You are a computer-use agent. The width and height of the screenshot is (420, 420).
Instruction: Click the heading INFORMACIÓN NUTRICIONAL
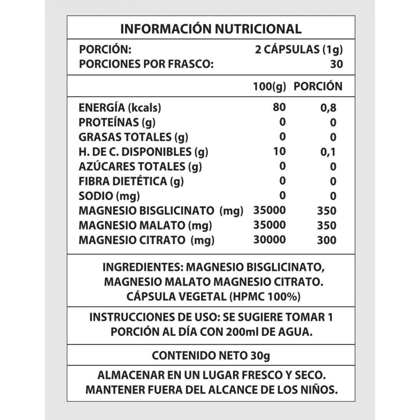[x=211, y=29]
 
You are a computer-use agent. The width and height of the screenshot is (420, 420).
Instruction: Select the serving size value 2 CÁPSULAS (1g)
[x=297, y=50]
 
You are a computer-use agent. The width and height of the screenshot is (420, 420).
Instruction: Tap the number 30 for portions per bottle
[x=336, y=64]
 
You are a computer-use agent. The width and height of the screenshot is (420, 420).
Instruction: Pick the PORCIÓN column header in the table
[x=318, y=86]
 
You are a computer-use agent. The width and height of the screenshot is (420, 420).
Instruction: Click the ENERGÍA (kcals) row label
[x=120, y=108]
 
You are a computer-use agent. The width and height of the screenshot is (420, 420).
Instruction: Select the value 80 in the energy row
[x=279, y=107]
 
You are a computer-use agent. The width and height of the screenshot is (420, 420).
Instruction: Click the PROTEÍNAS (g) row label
[x=117, y=122]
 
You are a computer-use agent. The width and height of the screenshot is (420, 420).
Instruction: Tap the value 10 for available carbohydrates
[x=279, y=152]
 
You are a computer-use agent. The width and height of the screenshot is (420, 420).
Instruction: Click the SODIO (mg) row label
[x=109, y=196]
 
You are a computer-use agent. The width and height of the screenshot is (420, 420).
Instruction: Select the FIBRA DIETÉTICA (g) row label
[x=131, y=181]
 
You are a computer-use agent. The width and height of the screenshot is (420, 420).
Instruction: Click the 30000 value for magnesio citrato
[x=269, y=240]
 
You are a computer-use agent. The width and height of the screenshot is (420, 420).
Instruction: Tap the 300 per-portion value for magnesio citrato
[x=327, y=240]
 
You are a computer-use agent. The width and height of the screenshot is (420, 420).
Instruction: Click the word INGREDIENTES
[x=143, y=268]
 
